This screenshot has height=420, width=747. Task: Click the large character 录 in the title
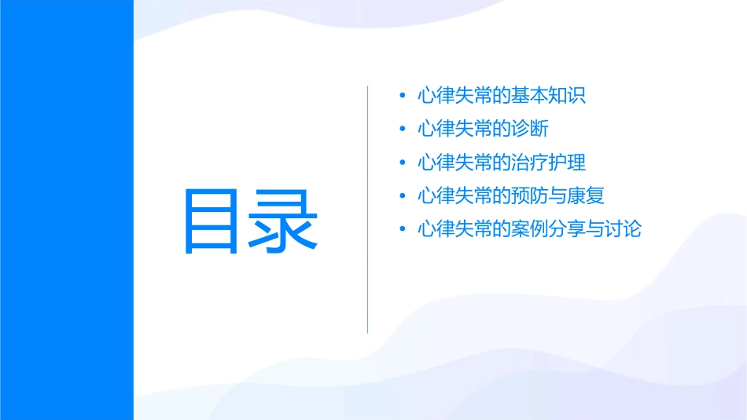[284, 221]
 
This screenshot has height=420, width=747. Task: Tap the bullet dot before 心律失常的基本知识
[403, 97]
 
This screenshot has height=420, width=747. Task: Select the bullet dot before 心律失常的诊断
[403, 130]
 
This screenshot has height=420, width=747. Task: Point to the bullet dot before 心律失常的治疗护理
[403, 163]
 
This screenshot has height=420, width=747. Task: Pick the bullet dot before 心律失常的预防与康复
[403, 196]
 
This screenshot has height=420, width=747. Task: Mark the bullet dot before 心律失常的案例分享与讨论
[403, 230]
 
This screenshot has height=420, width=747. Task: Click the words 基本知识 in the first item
[548, 97]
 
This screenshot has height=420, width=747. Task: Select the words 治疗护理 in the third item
[548, 163]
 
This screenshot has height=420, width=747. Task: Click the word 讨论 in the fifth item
[624, 230]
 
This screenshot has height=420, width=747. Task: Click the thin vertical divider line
[368, 209]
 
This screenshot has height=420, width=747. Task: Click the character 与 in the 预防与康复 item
[557, 196]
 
